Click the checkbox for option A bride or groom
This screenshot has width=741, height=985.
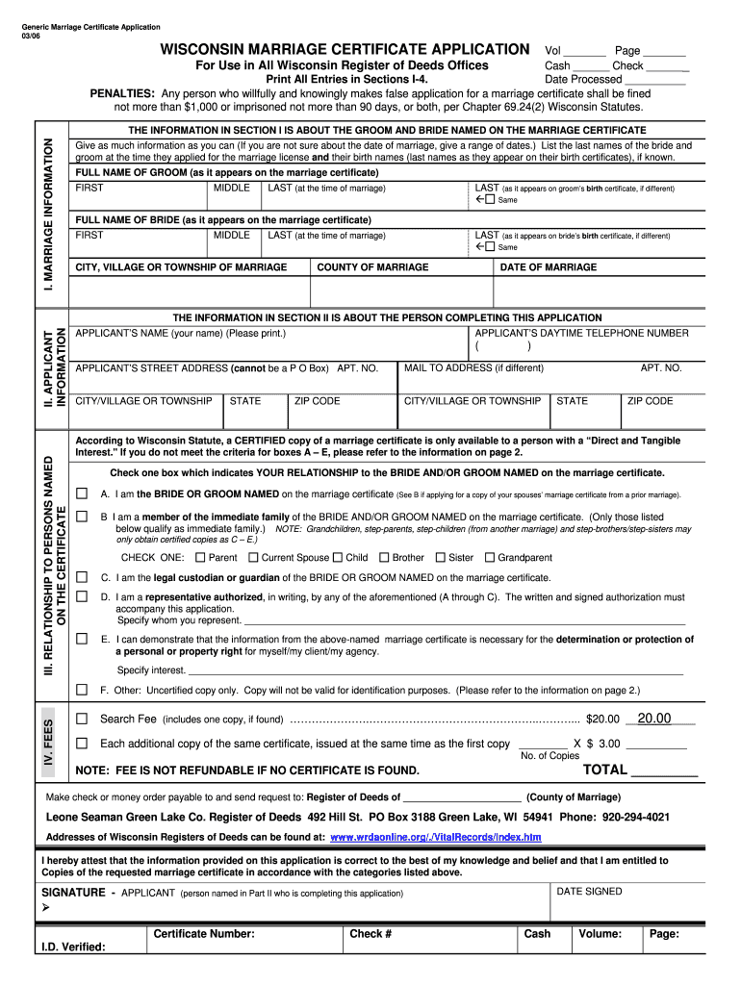coord(82,493)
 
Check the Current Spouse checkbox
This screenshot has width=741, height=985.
coord(252,557)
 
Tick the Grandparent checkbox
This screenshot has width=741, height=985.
coord(489,557)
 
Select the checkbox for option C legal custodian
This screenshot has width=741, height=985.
coord(82,577)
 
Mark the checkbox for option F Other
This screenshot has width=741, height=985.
coord(82,690)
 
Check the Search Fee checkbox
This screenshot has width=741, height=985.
coord(82,719)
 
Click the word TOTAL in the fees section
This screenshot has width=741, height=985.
coord(605,770)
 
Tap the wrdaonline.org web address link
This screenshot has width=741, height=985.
coord(436,837)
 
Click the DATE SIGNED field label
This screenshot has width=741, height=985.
coord(589,892)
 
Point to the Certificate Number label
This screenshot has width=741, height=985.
coord(204,933)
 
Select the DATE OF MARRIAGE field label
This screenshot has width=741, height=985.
coord(547,267)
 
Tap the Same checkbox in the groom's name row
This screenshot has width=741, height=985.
coord(489,200)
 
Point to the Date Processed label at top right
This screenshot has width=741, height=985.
coord(583,79)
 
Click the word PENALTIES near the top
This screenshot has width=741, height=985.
coord(122,93)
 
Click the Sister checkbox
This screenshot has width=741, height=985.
coord(441,557)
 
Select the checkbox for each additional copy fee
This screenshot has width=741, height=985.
coord(82,744)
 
